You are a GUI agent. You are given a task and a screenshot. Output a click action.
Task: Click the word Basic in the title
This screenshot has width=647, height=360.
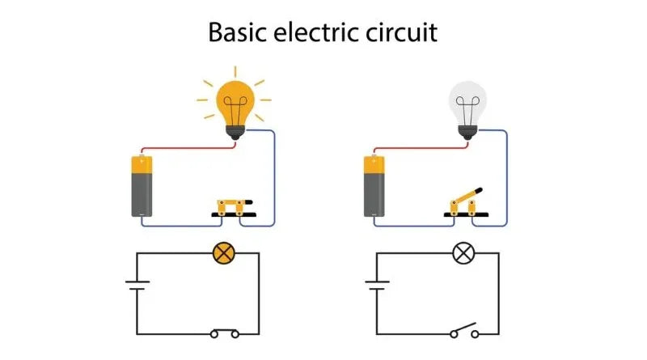(x=238, y=32)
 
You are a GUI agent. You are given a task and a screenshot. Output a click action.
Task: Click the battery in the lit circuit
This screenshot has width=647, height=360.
(x=142, y=186)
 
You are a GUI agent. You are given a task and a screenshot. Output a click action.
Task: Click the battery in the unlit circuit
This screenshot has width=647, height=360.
(x=375, y=186)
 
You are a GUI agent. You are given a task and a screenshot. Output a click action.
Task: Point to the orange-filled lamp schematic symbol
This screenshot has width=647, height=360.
(x=222, y=253)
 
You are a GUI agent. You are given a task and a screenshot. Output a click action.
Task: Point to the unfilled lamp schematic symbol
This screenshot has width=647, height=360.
(x=463, y=253)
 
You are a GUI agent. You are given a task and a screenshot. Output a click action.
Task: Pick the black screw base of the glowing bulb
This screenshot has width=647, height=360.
(x=235, y=132)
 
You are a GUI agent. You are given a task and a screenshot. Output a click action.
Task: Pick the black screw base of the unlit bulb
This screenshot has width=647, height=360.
(x=467, y=132)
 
